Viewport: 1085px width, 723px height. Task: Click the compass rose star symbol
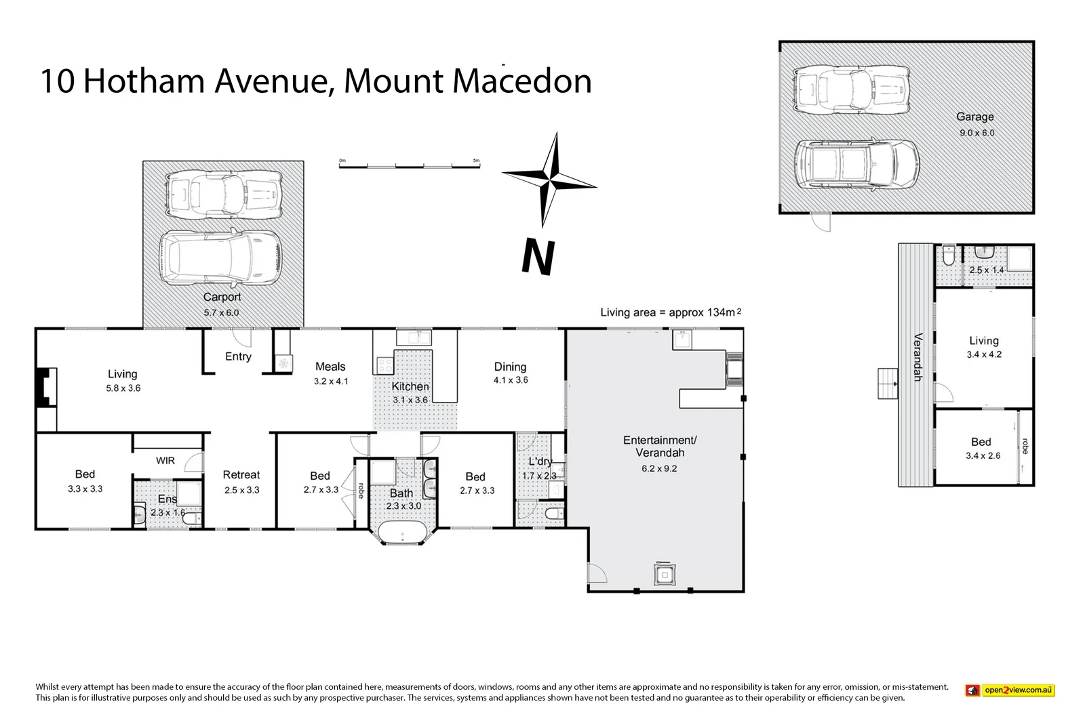pyautogui.click(x=551, y=180)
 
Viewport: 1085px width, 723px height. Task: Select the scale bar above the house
pyautogui.click(x=410, y=165)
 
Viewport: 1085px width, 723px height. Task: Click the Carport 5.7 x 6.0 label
pyautogui.click(x=222, y=304)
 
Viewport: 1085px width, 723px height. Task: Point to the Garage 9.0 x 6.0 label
pyautogui.click(x=976, y=124)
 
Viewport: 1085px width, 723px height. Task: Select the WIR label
pyautogui.click(x=165, y=461)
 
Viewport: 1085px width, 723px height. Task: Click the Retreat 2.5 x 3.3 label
pyautogui.click(x=241, y=482)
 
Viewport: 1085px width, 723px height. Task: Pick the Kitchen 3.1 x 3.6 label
pyautogui.click(x=410, y=392)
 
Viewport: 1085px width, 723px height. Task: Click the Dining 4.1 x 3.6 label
pyautogui.click(x=510, y=373)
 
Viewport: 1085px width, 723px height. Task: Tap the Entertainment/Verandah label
pyautogui.click(x=659, y=453)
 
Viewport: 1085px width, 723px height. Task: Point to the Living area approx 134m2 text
pyautogui.click(x=670, y=312)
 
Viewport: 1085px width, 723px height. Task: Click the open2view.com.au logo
pyautogui.click(x=1010, y=690)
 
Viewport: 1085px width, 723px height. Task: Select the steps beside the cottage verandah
pyautogui.click(x=887, y=384)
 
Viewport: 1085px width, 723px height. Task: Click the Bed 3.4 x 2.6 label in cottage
pyautogui.click(x=982, y=448)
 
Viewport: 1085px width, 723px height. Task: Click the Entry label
pyautogui.click(x=238, y=356)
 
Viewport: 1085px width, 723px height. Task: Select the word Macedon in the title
pyautogui.click(x=521, y=81)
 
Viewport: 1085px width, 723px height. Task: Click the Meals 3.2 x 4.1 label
pyautogui.click(x=330, y=373)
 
